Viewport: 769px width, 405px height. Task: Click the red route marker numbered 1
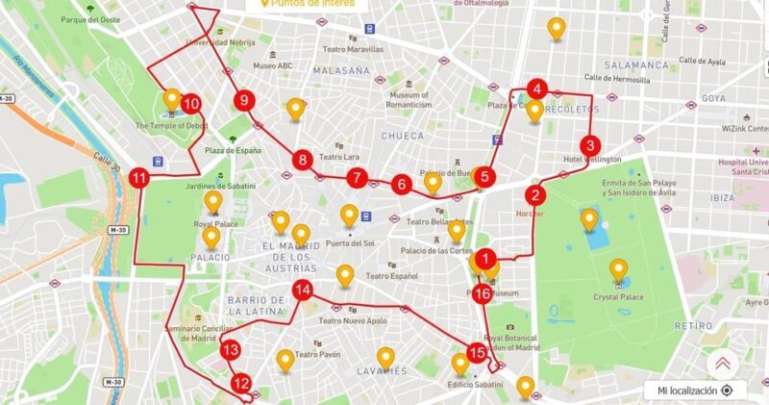[487, 258]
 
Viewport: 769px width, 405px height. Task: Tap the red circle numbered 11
[140, 178]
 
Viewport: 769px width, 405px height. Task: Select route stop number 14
[302, 290]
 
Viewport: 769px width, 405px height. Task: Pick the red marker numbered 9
[244, 100]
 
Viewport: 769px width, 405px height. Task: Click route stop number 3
[590, 145]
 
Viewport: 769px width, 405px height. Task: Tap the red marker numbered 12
[240, 383]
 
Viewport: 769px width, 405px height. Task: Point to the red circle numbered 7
[358, 177]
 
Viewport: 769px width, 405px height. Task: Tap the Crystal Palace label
[619, 297]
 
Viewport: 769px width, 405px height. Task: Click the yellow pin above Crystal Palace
[620, 269]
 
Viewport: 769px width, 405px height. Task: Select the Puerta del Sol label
[350, 243]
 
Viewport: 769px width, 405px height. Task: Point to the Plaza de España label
[234, 150]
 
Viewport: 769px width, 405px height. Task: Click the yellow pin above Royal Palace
[211, 201]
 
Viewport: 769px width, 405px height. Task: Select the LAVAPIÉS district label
[382, 370]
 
